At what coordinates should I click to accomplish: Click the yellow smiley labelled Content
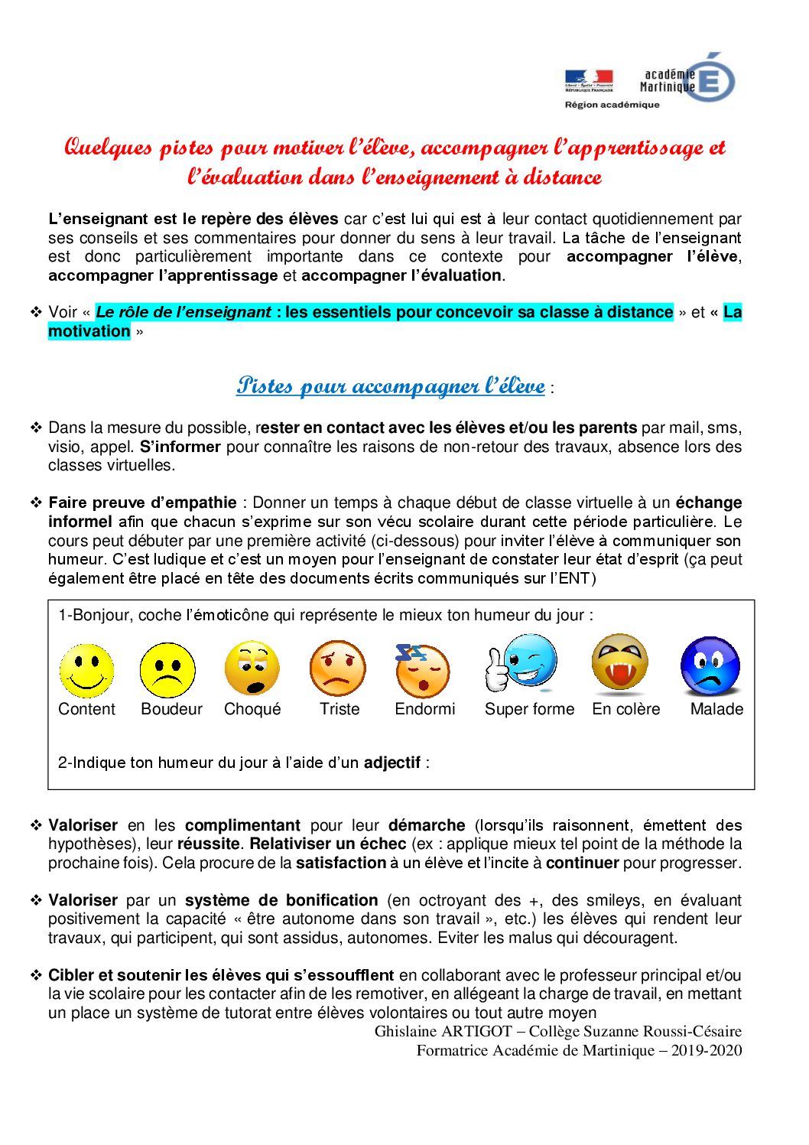pos(86,671)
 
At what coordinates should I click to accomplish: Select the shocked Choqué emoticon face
pos(252,669)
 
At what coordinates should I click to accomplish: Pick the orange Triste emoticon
pos(337,668)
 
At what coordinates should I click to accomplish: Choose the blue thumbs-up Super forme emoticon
pos(523,663)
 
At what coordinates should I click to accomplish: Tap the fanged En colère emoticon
pos(620,663)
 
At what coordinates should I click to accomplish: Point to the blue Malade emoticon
pos(710,666)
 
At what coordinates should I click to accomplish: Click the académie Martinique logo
pos(688,80)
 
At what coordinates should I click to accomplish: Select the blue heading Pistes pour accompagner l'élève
pos(391,385)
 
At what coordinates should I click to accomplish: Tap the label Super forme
pos(529,709)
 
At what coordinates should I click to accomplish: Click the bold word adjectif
pos(392,763)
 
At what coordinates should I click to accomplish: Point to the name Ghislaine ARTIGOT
pos(443,1031)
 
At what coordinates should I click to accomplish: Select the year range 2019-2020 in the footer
pos(707,1050)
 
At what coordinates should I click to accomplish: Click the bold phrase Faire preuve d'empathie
pos(142,503)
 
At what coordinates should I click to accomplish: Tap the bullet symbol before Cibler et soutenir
pos(36,975)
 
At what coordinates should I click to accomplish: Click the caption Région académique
pos(612,105)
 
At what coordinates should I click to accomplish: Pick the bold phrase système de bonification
pos(281,900)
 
